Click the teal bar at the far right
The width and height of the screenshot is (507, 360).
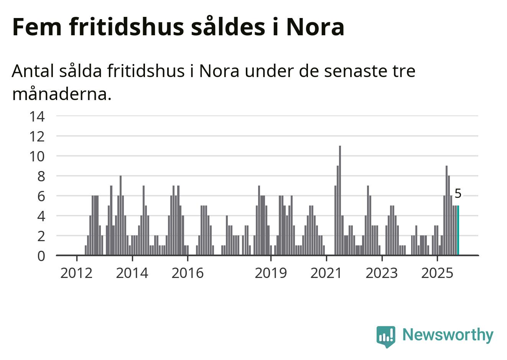pyautogui.click(x=458, y=230)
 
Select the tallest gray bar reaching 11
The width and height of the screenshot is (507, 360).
pyautogui.click(x=340, y=201)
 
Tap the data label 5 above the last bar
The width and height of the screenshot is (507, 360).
pyautogui.click(x=458, y=194)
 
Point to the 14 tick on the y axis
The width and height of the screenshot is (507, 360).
pyautogui.click(x=37, y=116)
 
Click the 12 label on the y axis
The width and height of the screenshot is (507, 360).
pyautogui.click(x=37, y=136)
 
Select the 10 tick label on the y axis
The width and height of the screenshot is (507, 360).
pyautogui.click(x=37, y=156)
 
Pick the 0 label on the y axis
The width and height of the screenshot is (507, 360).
pyautogui.click(x=41, y=256)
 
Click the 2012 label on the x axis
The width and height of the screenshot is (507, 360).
pyautogui.click(x=77, y=273)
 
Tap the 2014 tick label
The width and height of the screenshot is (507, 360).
pyautogui.click(x=132, y=273)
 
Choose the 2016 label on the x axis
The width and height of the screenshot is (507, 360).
pyautogui.click(x=188, y=273)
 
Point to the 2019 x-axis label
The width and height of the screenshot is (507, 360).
pyautogui.click(x=271, y=273)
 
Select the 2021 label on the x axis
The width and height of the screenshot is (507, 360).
pyautogui.click(x=326, y=273)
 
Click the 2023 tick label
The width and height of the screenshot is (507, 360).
pyautogui.click(x=382, y=273)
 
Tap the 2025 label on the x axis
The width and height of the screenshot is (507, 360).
pyautogui.click(x=437, y=273)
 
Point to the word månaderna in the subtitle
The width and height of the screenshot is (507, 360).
pyautogui.click(x=61, y=94)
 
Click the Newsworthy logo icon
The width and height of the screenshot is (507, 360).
pyautogui.click(x=386, y=336)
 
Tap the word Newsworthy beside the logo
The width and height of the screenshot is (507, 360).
pyautogui.click(x=448, y=335)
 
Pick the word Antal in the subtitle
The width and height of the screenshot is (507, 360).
pyautogui.click(x=32, y=71)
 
